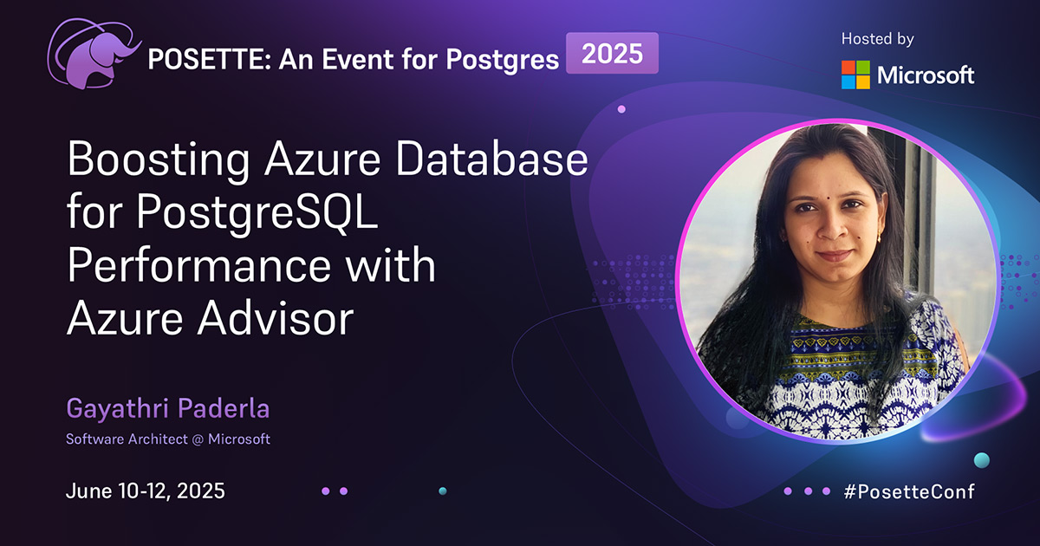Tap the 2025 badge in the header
point(612,54)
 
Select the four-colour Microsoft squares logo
point(855,75)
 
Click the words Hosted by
point(877,39)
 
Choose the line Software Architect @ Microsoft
point(168,439)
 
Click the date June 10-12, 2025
point(146,491)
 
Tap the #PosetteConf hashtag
point(908,491)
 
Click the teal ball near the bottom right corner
point(981,459)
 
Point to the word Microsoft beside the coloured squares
point(926,75)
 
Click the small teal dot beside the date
point(442,491)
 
